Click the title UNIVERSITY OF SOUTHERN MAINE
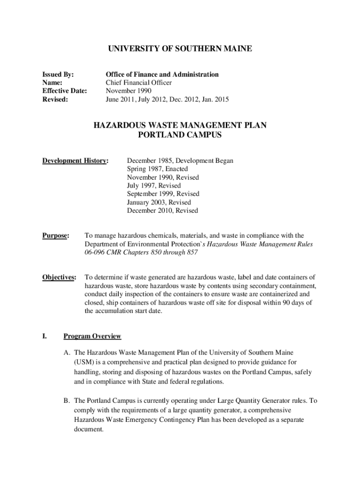pos(180,49)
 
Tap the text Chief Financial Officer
pos(139,83)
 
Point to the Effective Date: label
pos(65,91)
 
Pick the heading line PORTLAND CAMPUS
pos(180,135)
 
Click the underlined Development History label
pos(75,161)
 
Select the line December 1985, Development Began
pos(180,161)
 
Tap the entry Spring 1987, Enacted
pos(157,169)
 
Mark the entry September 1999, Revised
pos(163,194)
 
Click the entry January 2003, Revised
pos(159,202)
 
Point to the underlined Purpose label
pos(56,236)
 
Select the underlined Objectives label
pos(59,277)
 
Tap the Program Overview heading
pos(92,336)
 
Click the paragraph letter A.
pos(66,352)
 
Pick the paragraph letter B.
pos(66,401)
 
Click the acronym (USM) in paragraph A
pos(83,362)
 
